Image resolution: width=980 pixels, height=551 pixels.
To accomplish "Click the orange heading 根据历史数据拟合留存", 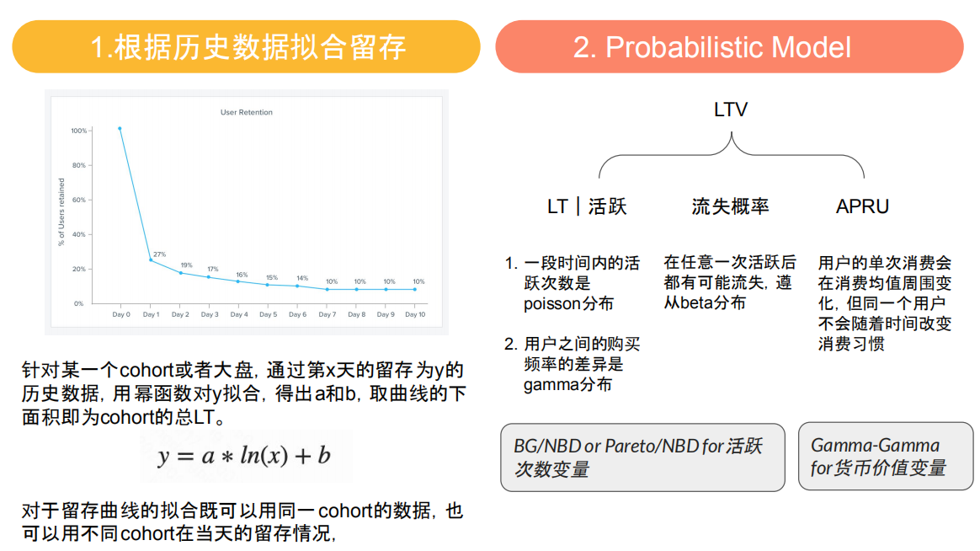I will click(x=246, y=47).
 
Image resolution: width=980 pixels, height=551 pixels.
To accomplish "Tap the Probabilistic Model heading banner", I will click(x=729, y=47).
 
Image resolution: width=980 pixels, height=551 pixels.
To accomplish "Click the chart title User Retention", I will click(x=247, y=112).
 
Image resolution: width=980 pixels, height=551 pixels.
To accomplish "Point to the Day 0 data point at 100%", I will click(x=120, y=129).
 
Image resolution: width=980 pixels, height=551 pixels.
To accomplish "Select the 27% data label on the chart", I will click(x=159, y=254).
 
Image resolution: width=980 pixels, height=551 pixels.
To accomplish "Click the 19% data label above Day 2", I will click(x=186, y=265).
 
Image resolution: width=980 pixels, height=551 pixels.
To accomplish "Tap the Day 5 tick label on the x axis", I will click(x=268, y=315).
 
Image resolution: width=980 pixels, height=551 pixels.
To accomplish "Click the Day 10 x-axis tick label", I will click(x=415, y=315).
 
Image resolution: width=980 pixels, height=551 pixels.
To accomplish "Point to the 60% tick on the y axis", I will click(x=78, y=200).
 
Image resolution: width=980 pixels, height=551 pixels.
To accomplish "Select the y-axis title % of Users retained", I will click(x=61, y=212).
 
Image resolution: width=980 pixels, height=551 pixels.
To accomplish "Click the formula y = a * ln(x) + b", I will click(x=244, y=457).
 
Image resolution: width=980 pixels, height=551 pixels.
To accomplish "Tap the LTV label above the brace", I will click(x=730, y=110).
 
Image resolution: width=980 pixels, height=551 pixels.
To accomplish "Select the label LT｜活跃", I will click(x=587, y=206).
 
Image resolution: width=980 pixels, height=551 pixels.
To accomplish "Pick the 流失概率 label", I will click(x=730, y=206).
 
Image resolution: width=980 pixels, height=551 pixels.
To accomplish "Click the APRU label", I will click(x=862, y=206).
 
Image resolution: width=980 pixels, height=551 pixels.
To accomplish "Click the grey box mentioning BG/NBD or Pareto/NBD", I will click(x=642, y=457).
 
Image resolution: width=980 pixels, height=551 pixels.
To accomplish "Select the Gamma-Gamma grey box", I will click(x=881, y=457).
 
